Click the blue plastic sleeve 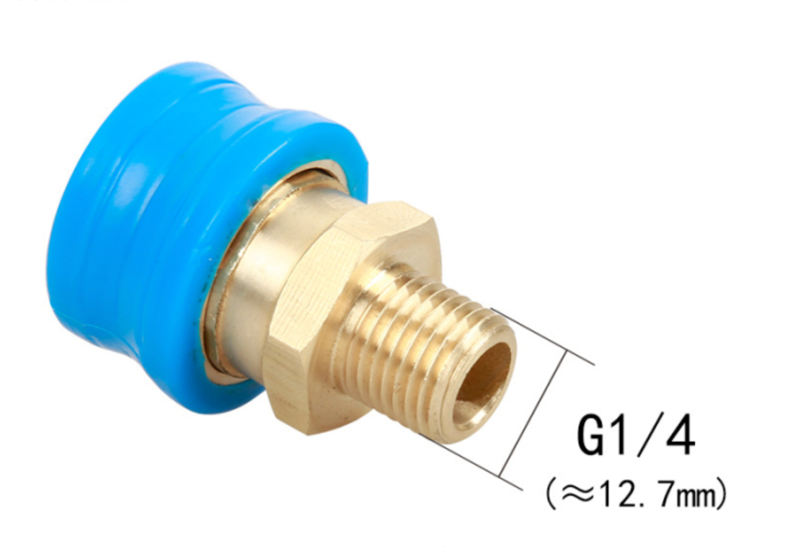[x=139, y=222]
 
